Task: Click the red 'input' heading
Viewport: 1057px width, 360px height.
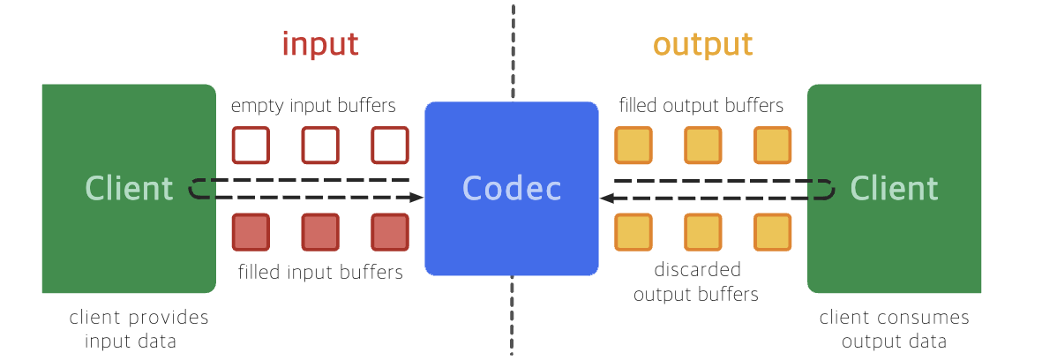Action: [x=320, y=43]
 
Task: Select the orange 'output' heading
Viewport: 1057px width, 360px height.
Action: [x=702, y=44]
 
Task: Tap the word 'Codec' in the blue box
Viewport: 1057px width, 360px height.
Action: [x=512, y=188]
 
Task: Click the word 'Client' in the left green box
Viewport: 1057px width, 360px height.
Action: [x=129, y=188]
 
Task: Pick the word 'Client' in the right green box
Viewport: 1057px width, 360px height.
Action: [x=894, y=188]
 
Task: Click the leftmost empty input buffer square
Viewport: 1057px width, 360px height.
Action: [x=251, y=146]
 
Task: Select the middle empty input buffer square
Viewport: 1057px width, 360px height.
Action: [x=320, y=146]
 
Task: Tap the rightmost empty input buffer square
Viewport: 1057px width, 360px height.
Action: [x=390, y=146]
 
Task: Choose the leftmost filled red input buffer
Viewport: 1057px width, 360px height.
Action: [x=251, y=232]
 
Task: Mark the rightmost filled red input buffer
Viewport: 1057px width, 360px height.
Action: [x=390, y=232]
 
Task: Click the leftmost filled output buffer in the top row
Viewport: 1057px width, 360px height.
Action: [x=633, y=146]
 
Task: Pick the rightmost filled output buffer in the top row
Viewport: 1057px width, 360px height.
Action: [x=773, y=146]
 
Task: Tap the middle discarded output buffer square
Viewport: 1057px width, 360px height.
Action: [x=703, y=232]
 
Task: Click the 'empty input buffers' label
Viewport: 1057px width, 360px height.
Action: [x=313, y=107]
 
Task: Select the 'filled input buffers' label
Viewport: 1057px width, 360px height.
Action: [x=320, y=272]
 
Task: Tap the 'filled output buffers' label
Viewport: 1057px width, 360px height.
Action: [x=701, y=107]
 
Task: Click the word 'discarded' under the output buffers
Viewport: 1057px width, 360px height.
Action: [x=697, y=270]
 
